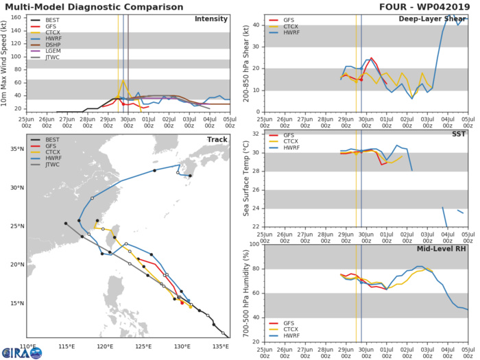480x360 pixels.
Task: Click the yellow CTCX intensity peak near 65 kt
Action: pos(123,81)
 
